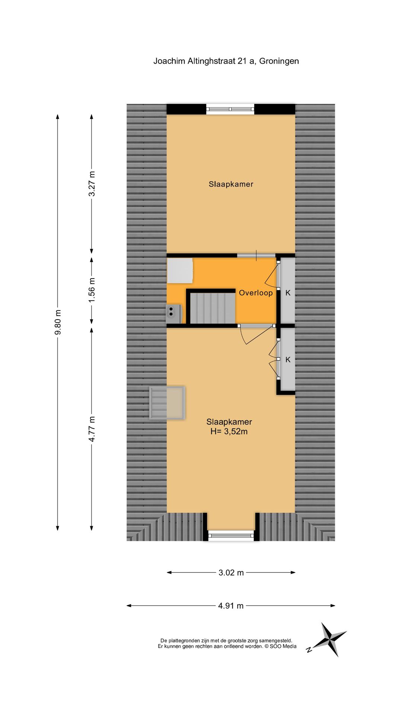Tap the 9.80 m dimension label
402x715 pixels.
[x=58, y=322]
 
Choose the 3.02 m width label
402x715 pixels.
[x=231, y=573]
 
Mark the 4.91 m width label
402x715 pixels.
[x=231, y=606]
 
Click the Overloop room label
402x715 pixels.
[x=256, y=293]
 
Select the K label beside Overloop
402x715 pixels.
[x=288, y=293]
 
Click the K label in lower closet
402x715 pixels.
[x=288, y=360]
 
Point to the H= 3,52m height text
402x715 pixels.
[x=229, y=432]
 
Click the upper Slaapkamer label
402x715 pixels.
[x=231, y=184]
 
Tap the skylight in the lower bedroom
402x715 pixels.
[x=167, y=403]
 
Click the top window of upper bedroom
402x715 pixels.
[x=230, y=109]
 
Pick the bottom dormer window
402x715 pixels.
[x=231, y=536]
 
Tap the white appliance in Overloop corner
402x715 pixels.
[x=180, y=270]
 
